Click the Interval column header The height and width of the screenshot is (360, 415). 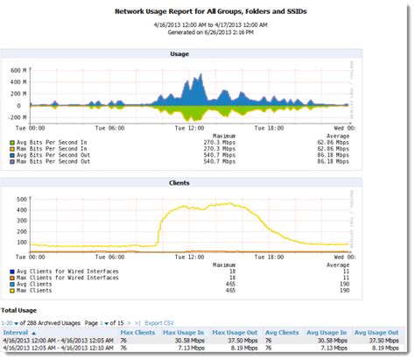18,334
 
